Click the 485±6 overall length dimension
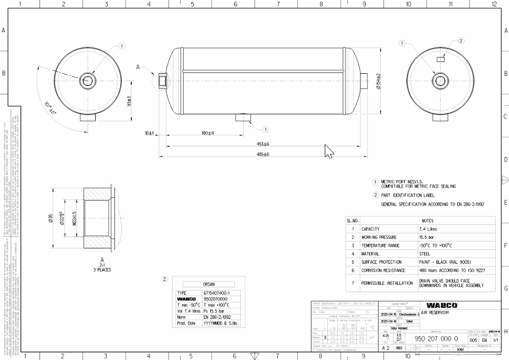[x=262, y=154]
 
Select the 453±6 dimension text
[x=262, y=144]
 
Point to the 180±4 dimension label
[x=207, y=133]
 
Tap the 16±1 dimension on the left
[x=149, y=133]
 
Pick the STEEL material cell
[x=425, y=254]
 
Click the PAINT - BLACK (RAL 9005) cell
[x=444, y=262]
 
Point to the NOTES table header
[x=427, y=220]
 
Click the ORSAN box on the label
[x=208, y=284]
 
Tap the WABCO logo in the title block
[x=441, y=305]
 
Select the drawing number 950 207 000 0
[x=436, y=339]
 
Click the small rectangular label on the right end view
[x=441, y=60]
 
